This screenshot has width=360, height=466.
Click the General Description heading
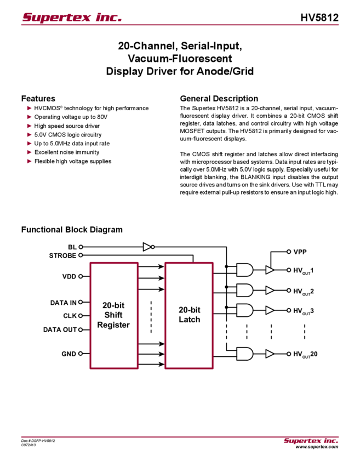pos(219,99)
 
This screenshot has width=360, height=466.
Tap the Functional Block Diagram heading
pos(73,229)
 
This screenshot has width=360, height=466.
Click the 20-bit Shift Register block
pos(113,315)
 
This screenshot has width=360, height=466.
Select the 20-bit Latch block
pos(189,315)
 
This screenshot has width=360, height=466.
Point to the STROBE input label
pos(63,255)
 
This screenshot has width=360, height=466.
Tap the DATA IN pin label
pos(64,302)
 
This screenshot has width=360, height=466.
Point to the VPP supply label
pos(300,252)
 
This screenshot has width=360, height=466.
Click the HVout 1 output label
pos(303,270)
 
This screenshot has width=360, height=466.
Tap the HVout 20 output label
pos(305,354)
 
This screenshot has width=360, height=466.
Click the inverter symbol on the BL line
pos(147,247)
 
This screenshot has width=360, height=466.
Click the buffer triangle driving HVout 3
pos(270,311)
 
